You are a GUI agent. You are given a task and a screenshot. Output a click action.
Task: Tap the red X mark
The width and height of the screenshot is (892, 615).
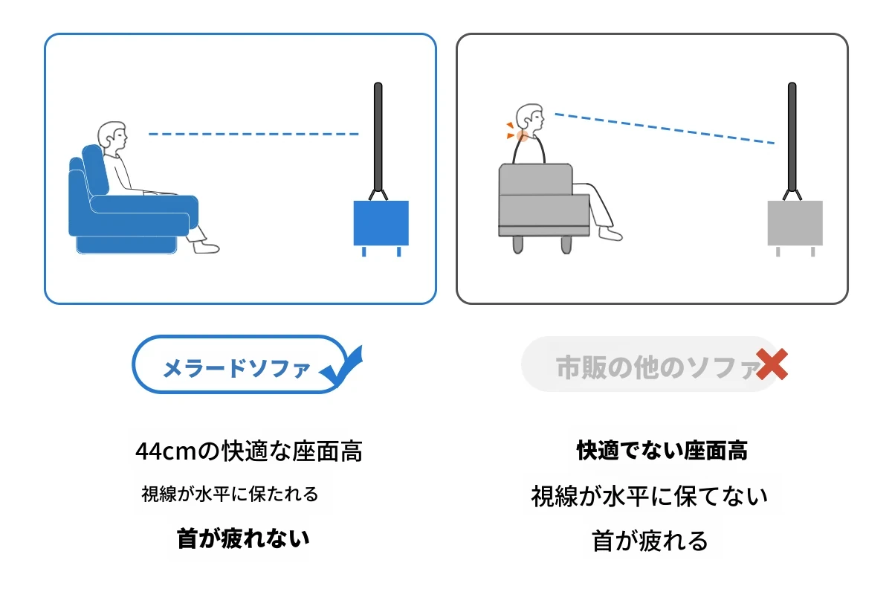point(772,364)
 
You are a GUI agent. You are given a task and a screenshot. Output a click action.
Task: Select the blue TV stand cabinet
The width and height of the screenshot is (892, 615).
point(381,223)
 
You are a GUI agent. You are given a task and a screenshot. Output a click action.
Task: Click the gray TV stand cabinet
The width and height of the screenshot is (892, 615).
point(795,223)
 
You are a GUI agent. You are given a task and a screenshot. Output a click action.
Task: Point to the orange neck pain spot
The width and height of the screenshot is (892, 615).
point(522,136)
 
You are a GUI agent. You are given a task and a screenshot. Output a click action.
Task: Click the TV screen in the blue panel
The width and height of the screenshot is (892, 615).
point(378,137)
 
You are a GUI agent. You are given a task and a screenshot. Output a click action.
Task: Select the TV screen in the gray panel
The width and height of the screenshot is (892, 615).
point(792,137)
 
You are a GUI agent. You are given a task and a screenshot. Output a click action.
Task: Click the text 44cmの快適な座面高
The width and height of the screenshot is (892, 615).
point(249,451)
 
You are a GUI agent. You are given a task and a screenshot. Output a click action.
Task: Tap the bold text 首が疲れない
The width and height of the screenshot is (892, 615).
point(243,538)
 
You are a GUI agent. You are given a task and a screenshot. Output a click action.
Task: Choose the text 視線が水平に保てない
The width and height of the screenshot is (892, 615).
point(650,496)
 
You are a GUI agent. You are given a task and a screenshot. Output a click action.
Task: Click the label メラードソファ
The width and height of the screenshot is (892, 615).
point(236,367)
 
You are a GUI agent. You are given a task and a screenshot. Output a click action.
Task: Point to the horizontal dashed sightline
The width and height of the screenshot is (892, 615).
point(253,135)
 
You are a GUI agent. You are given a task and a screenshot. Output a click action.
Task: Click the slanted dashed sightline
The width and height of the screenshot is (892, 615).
point(665,128)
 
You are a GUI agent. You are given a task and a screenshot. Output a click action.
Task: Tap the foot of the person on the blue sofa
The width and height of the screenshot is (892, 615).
point(207,248)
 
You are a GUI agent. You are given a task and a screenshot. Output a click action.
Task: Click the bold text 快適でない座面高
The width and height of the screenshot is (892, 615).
point(662,451)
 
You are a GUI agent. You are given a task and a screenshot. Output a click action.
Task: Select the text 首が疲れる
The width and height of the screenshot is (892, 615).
point(650,541)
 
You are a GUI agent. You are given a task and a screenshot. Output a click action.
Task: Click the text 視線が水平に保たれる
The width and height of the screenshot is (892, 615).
point(230,494)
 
